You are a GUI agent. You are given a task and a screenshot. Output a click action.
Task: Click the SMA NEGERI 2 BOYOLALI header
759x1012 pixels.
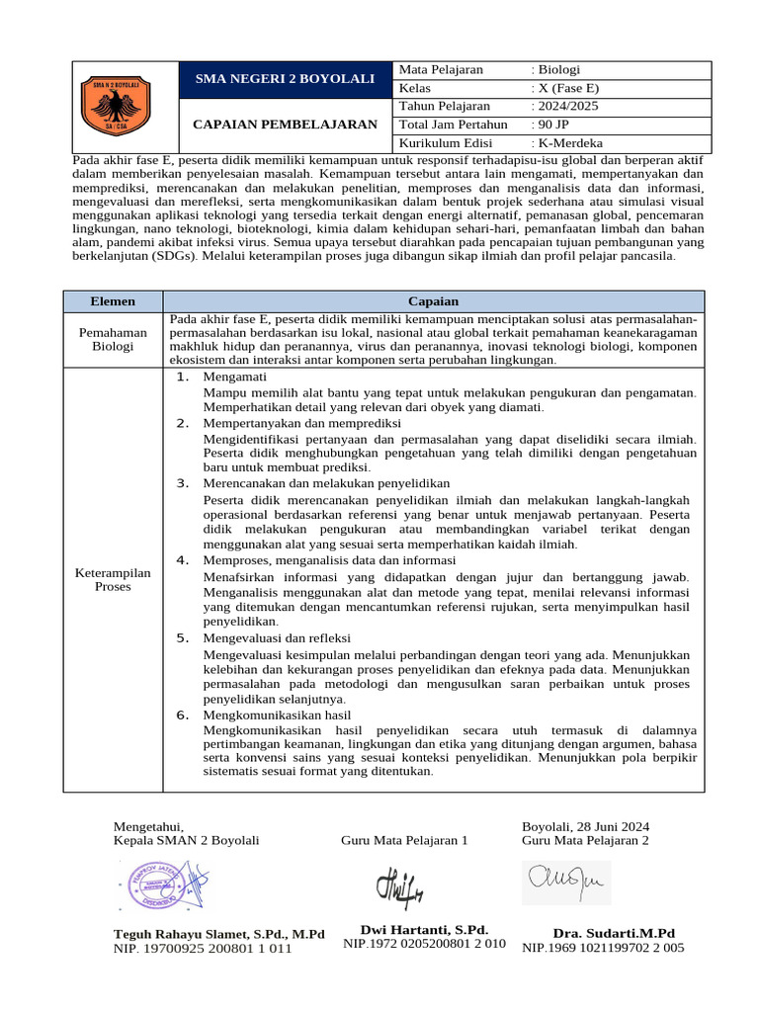click(285, 78)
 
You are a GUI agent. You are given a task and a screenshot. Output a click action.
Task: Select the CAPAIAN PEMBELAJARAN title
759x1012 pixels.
click(285, 125)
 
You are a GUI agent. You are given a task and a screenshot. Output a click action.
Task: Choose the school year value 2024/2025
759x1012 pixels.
click(564, 106)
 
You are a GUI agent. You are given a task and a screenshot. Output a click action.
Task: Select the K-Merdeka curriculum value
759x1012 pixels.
click(566, 142)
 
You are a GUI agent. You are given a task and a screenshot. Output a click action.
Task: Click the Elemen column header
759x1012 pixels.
click(113, 301)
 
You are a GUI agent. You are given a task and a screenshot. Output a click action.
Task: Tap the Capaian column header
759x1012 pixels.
click(433, 301)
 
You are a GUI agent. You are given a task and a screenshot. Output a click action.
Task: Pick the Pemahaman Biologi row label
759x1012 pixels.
click(113, 340)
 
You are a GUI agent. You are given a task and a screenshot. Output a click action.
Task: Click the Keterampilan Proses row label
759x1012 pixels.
click(113, 579)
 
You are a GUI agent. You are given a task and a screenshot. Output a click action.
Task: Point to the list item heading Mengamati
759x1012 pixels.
click(235, 378)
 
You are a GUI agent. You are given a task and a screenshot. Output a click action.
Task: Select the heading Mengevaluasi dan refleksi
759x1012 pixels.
click(276, 638)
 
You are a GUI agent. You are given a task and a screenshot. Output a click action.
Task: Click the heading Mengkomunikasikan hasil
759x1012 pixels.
click(277, 715)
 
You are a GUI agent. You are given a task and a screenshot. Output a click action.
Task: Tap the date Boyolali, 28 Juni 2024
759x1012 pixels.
click(585, 826)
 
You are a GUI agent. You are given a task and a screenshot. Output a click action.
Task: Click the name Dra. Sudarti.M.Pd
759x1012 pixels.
click(614, 933)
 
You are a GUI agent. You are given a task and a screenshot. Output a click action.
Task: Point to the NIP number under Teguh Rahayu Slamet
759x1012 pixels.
click(203, 949)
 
